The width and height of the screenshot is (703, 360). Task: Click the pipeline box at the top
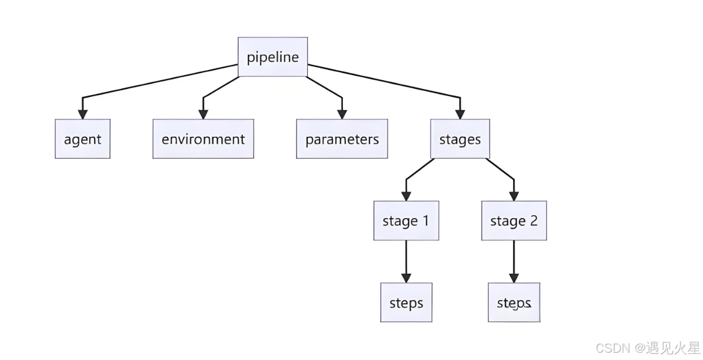(x=273, y=57)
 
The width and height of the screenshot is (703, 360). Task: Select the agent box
(x=82, y=139)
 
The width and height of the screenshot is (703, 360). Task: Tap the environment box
(x=203, y=139)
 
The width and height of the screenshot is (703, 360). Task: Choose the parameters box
(x=342, y=139)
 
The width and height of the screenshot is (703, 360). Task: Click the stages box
(x=460, y=139)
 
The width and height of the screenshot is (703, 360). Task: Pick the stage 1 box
(x=406, y=221)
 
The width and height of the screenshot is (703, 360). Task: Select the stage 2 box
(x=514, y=221)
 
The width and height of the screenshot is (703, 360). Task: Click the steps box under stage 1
(x=406, y=303)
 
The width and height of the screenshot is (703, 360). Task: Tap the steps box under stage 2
(x=514, y=303)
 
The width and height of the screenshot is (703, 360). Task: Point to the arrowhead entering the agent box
(x=82, y=114)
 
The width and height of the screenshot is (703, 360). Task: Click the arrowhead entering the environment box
(x=203, y=114)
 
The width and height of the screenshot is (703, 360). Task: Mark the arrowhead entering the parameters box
(x=342, y=114)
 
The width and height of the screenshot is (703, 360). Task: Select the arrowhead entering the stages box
(x=460, y=114)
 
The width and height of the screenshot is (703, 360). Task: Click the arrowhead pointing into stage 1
(x=406, y=196)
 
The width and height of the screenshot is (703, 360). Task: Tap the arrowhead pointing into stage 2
(x=514, y=196)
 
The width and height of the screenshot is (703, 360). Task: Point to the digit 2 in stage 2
(x=533, y=221)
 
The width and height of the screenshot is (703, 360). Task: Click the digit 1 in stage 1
(x=425, y=221)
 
